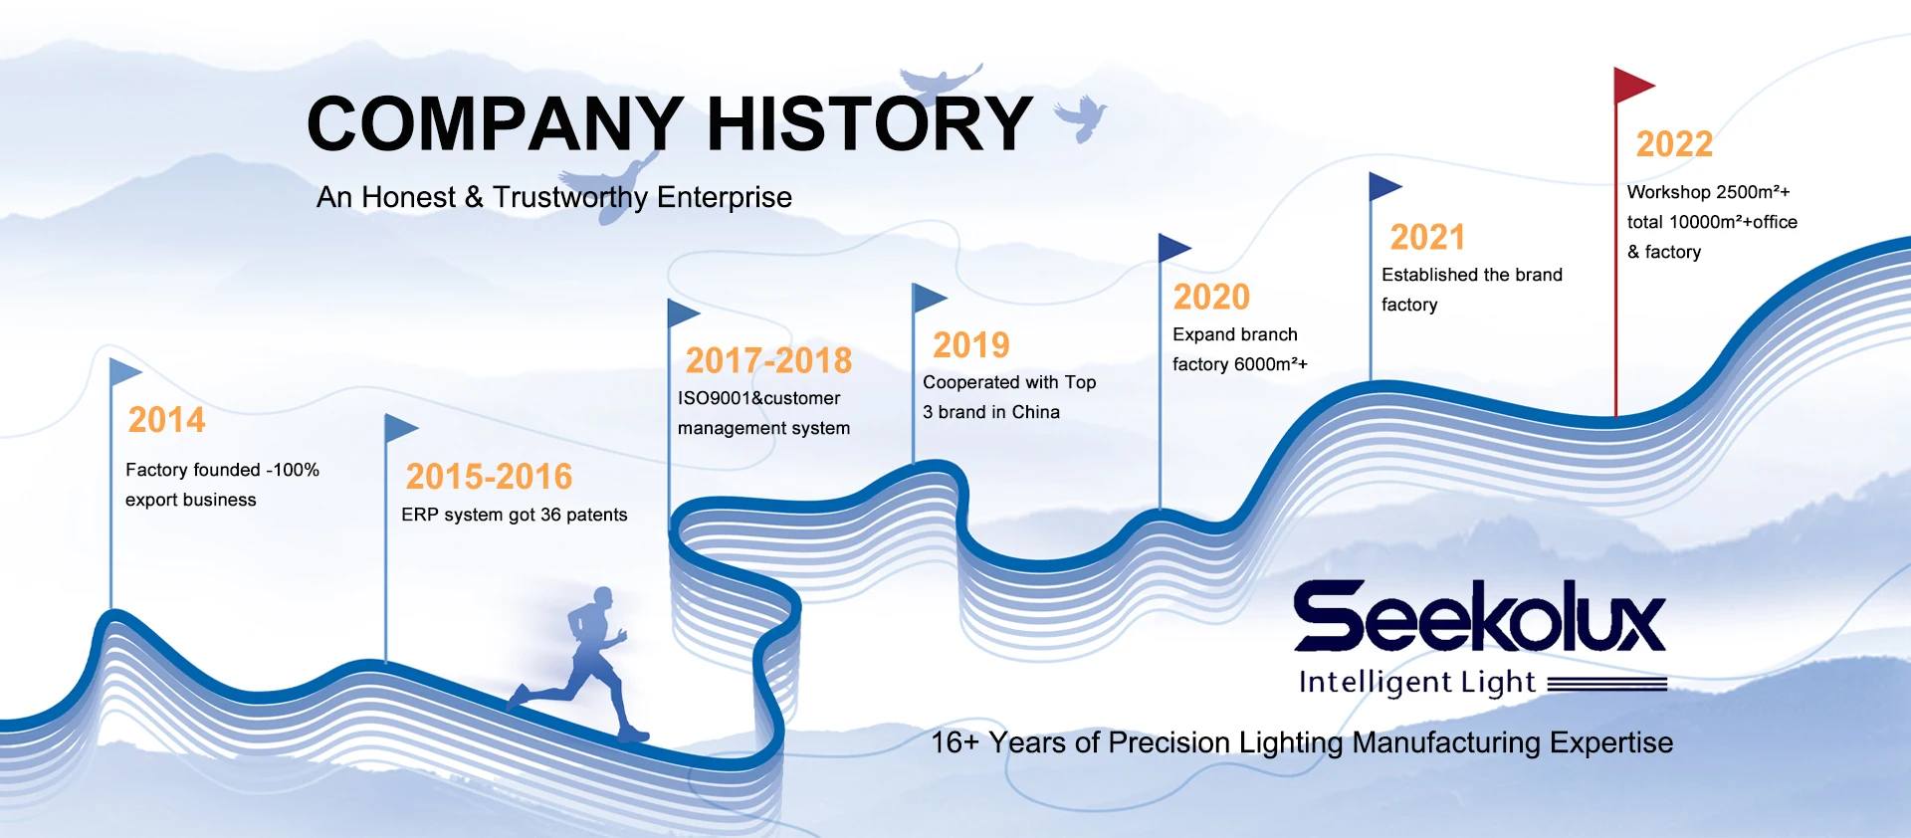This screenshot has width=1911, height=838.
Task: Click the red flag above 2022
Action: (1632, 86)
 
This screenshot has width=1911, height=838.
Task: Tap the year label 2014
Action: (166, 420)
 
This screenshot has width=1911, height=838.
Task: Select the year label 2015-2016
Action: (489, 477)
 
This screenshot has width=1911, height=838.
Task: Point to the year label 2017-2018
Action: (768, 360)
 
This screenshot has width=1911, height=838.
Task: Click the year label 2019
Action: (970, 345)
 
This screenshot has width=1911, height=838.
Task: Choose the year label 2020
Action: (1211, 297)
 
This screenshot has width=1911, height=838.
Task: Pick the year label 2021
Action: (1427, 237)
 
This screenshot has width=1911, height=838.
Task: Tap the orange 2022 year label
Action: (1674, 144)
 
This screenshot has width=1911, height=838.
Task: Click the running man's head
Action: (602, 597)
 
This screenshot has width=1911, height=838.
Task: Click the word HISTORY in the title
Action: (870, 123)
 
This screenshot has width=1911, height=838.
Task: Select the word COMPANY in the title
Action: (496, 123)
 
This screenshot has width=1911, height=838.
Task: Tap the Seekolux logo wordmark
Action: (1479, 616)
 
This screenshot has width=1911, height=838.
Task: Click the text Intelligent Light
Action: (1417, 682)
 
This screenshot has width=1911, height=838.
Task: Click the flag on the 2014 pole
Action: (125, 372)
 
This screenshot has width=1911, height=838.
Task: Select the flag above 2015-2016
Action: (401, 429)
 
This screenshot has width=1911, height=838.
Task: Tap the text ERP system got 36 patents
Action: (515, 515)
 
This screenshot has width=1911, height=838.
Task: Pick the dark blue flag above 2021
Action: (1385, 186)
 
